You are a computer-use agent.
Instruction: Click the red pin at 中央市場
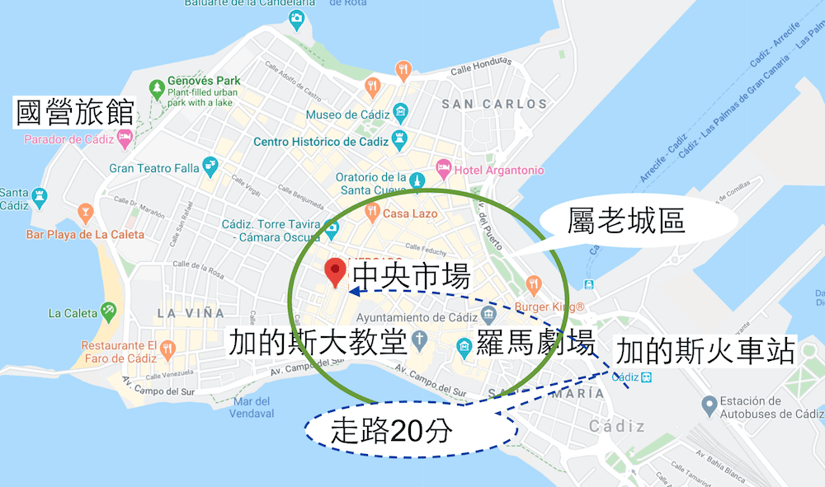335,270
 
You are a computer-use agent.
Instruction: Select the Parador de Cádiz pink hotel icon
125,138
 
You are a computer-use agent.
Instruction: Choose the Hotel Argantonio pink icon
443,170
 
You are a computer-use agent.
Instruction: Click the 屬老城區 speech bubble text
627,220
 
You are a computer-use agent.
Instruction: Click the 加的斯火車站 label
705,352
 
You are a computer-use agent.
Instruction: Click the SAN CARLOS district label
494,104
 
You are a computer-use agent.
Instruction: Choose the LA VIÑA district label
191,313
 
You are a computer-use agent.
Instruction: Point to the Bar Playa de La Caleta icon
84,214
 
